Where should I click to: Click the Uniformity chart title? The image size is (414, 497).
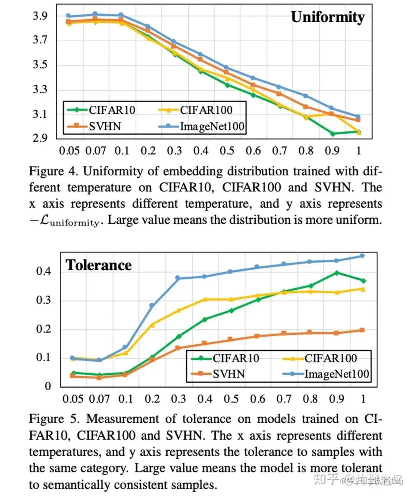point(327,17)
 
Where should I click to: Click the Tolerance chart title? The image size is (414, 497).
point(99,265)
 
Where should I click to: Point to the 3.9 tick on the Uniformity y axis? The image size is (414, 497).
point(40,16)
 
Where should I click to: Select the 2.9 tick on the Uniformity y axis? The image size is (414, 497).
point(40,138)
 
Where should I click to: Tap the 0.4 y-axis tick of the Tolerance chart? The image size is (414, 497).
point(43,271)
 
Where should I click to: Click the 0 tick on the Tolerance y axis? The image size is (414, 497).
point(48,386)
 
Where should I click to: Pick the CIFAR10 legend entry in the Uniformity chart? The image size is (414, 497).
point(102,110)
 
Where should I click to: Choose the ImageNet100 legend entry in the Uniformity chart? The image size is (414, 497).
point(202,126)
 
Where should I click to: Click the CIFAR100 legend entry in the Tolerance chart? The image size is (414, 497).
point(320,358)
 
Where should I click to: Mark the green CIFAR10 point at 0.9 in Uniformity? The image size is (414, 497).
point(332,134)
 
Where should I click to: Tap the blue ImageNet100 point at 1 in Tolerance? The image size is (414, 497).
point(362,256)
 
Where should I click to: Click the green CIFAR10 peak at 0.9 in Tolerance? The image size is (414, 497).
point(337,273)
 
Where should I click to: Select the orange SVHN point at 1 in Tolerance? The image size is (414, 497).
point(362,330)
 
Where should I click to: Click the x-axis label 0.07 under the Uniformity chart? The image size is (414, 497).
point(95,150)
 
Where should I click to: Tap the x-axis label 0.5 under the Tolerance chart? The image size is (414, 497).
point(231,399)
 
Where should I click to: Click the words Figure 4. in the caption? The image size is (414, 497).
point(53,171)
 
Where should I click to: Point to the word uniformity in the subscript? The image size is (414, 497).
point(74,222)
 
